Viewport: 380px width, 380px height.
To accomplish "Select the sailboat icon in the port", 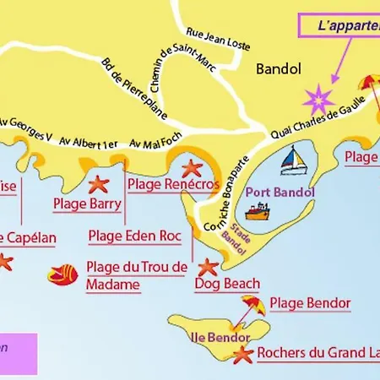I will click(x=292, y=160).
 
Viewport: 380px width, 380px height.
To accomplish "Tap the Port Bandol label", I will click(x=280, y=192).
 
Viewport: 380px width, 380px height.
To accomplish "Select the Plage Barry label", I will click(x=87, y=204).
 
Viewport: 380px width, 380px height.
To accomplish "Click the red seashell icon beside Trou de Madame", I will click(x=62, y=274).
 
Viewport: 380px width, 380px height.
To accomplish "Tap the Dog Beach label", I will click(x=226, y=285).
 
